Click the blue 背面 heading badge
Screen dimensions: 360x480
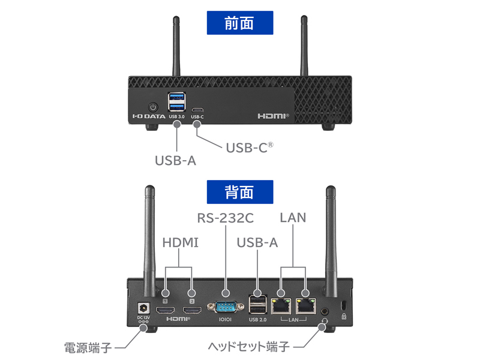(239, 192)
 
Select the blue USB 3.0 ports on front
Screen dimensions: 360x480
(177, 102)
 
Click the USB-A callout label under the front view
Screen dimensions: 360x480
(175, 161)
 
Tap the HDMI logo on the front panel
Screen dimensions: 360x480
(273, 115)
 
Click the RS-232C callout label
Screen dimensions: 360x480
(225, 217)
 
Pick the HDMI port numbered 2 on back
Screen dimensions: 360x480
(192, 310)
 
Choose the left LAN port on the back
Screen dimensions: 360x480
(280, 305)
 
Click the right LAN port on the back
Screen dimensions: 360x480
(305, 305)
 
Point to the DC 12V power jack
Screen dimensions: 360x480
(143, 307)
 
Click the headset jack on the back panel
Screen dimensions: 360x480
(325, 311)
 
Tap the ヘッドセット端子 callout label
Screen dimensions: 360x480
(248, 347)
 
